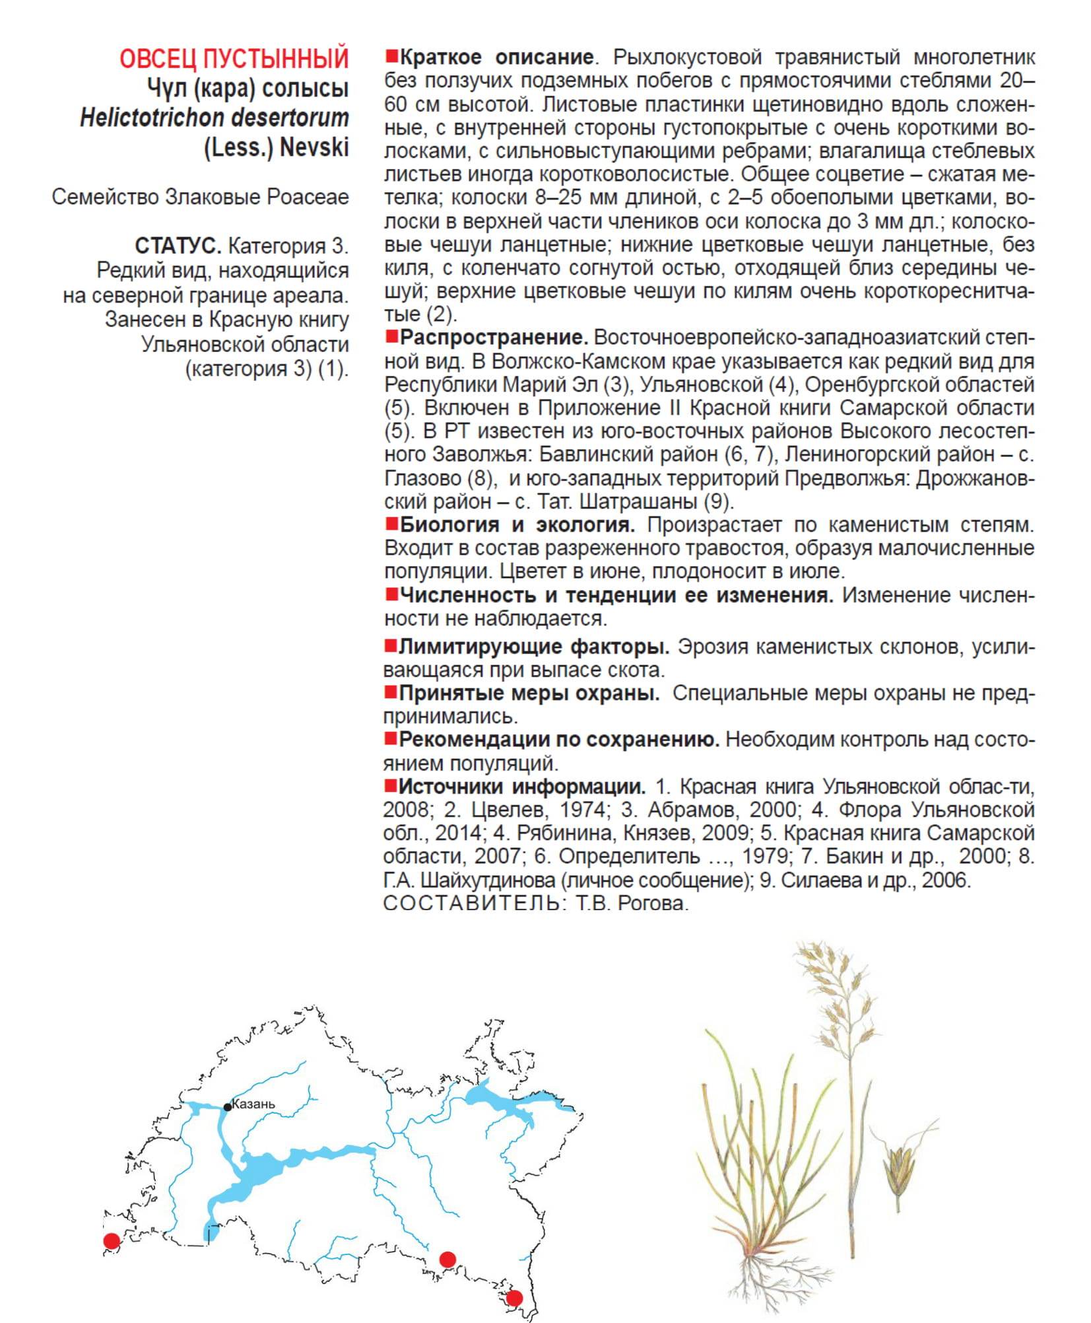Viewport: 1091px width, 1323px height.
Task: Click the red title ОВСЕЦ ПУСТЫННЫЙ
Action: point(234,59)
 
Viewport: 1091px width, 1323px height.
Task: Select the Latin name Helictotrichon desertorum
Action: point(215,118)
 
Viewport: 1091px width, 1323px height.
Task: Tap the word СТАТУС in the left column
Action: point(178,246)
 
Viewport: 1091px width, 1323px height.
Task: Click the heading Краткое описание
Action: point(496,57)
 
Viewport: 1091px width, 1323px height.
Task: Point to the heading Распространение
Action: point(494,338)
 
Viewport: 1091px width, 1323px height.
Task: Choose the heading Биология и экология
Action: point(517,525)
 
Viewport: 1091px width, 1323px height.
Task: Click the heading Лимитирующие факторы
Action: point(534,647)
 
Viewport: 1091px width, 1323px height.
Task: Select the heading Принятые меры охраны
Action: point(529,694)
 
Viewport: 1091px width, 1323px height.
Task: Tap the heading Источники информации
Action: point(522,787)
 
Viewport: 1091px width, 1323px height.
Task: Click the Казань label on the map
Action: point(254,1104)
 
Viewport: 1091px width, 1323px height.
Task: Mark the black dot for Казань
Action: point(228,1107)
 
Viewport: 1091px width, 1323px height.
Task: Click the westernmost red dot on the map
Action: point(112,1241)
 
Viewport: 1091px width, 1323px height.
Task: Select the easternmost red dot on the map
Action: point(514,1298)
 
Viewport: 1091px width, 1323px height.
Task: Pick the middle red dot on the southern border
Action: point(448,1259)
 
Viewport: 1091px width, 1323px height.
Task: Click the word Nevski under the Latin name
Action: point(314,147)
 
